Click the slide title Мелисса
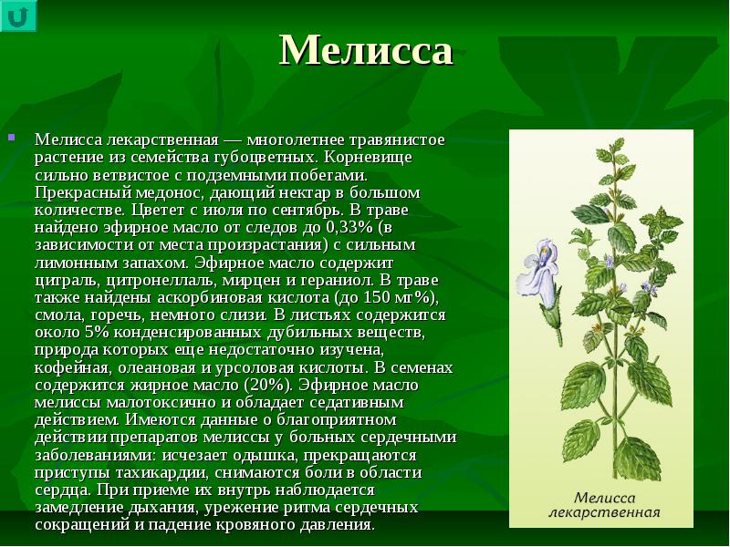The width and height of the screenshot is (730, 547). click(366, 50)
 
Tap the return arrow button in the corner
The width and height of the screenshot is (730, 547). click(18, 15)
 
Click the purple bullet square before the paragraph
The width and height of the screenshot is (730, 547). click(12, 138)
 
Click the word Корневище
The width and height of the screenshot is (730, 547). click(368, 157)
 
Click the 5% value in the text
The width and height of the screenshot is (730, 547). click(97, 333)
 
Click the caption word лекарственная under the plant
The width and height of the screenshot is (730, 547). click(604, 512)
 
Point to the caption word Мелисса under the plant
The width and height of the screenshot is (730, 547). click(604, 498)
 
